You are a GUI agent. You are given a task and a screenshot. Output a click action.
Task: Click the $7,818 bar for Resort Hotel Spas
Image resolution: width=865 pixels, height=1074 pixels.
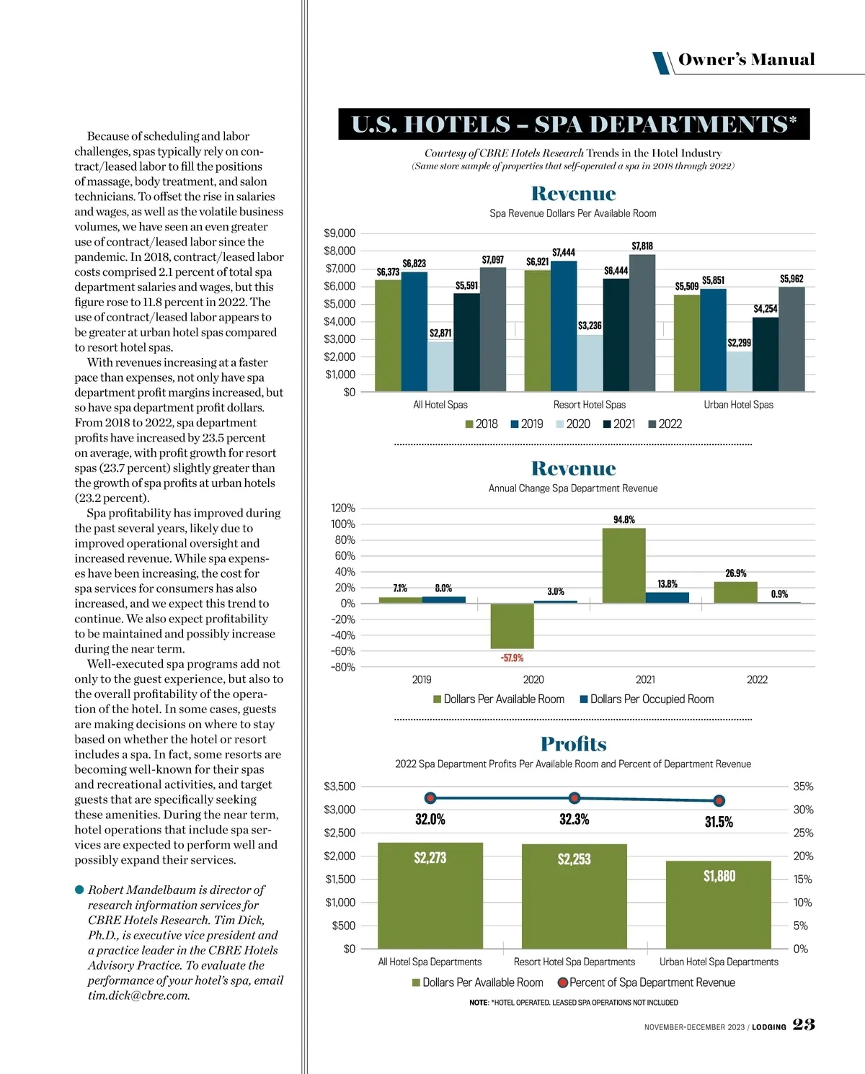(x=642, y=323)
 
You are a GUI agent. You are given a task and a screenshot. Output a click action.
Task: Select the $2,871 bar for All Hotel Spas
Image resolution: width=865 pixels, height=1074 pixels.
(x=440, y=367)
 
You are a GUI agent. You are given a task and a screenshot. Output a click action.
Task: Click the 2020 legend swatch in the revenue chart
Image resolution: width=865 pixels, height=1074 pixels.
(x=560, y=424)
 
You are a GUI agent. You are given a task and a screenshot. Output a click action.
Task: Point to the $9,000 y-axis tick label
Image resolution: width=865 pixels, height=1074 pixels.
(x=340, y=233)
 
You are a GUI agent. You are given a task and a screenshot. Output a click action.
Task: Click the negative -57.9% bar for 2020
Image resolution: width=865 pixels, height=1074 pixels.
(x=512, y=626)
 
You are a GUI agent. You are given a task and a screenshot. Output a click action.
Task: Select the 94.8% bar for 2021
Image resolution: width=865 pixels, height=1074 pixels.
(x=624, y=565)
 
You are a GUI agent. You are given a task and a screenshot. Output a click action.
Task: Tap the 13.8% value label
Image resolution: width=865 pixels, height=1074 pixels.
(x=667, y=584)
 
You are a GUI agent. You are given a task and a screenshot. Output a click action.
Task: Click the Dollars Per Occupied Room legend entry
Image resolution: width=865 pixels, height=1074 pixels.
(x=647, y=699)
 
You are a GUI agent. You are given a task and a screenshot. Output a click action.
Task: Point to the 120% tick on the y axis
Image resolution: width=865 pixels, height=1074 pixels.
(x=343, y=509)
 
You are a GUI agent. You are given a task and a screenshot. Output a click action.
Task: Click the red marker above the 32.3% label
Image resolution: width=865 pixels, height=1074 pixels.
(x=575, y=798)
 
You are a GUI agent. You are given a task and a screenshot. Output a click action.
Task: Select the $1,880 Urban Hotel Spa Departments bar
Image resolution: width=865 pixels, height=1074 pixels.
(x=719, y=905)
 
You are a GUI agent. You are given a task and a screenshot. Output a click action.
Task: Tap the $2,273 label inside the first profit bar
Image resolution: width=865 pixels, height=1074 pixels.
(x=430, y=858)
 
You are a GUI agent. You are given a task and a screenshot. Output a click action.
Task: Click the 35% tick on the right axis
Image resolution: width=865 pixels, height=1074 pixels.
(x=803, y=787)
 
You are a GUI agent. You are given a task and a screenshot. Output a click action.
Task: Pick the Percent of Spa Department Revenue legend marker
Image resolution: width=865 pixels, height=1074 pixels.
(x=563, y=983)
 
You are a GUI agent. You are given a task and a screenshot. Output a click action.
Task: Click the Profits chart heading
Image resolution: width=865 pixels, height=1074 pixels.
(x=573, y=744)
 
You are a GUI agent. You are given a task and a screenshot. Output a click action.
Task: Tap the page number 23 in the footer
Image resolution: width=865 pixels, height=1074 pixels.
(x=804, y=1024)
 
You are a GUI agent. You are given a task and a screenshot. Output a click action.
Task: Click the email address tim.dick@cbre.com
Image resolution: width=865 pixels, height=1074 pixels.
(x=139, y=995)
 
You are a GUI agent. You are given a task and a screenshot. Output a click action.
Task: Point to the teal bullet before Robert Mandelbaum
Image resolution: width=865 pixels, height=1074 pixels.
(x=79, y=890)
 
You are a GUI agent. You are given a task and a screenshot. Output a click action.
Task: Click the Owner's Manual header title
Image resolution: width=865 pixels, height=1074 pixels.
(x=746, y=60)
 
